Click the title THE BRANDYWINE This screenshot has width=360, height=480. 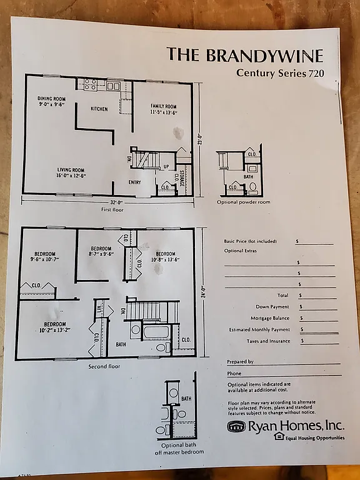click(x=244, y=55)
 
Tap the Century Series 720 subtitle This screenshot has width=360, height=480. click(x=279, y=72)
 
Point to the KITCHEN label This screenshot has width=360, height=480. click(x=99, y=109)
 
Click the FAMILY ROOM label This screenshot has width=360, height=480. click(x=163, y=109)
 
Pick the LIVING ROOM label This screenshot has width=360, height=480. click(x=69, y=172)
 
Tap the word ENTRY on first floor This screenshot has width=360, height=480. click(x=135, y=182)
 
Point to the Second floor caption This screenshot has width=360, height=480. click(x=104, y=366)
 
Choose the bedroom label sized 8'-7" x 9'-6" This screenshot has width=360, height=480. click(x=101, y=251)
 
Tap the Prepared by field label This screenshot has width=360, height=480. click(x=240, y=362)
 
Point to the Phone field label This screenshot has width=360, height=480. click(x=234, y=374)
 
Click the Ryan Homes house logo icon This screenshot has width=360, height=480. click(x=236, y=426)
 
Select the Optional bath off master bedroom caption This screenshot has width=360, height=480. click(x=178, y=448)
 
